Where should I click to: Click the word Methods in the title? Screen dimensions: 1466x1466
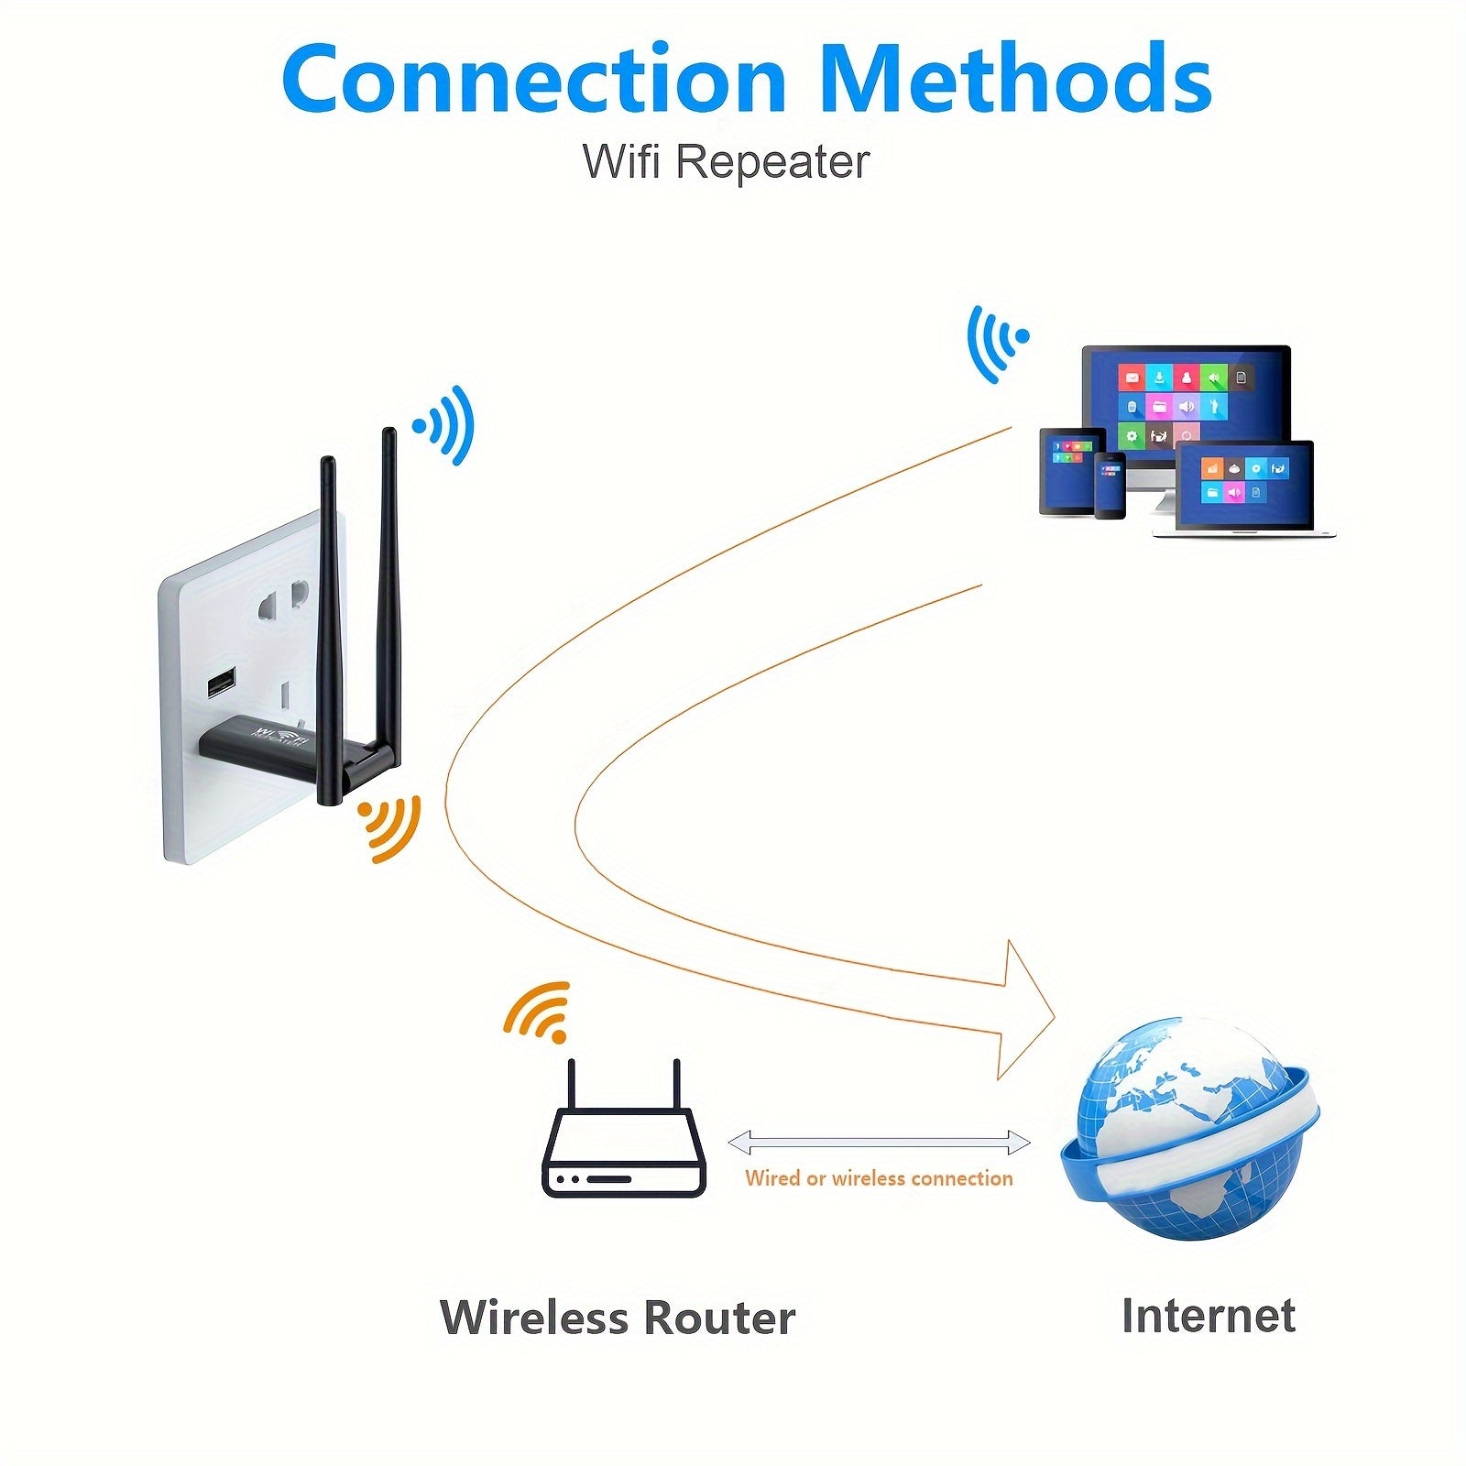point(1015,81)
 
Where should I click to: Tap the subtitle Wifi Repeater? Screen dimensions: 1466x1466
point(726,162)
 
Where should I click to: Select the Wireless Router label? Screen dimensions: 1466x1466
point(618,1318)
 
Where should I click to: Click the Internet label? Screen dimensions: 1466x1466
point(1208,1316)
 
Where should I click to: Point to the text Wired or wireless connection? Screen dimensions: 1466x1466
point(879,1178)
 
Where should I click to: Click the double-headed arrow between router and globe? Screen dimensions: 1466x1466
point(879,1142)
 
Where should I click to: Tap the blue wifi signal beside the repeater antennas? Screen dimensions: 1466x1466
point(446,424)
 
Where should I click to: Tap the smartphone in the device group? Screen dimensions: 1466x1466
point(1110,484)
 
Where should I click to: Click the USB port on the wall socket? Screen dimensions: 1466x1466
point(221,684)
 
